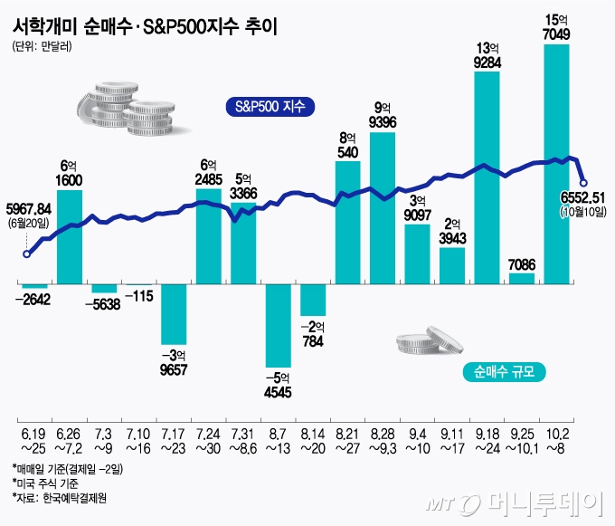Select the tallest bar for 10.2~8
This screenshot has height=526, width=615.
tap(557, 164)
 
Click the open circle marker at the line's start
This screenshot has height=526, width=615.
tap(25, 254)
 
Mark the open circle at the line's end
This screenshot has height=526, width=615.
tap(583, 181)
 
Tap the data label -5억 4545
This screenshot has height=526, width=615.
tap(279, 386)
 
